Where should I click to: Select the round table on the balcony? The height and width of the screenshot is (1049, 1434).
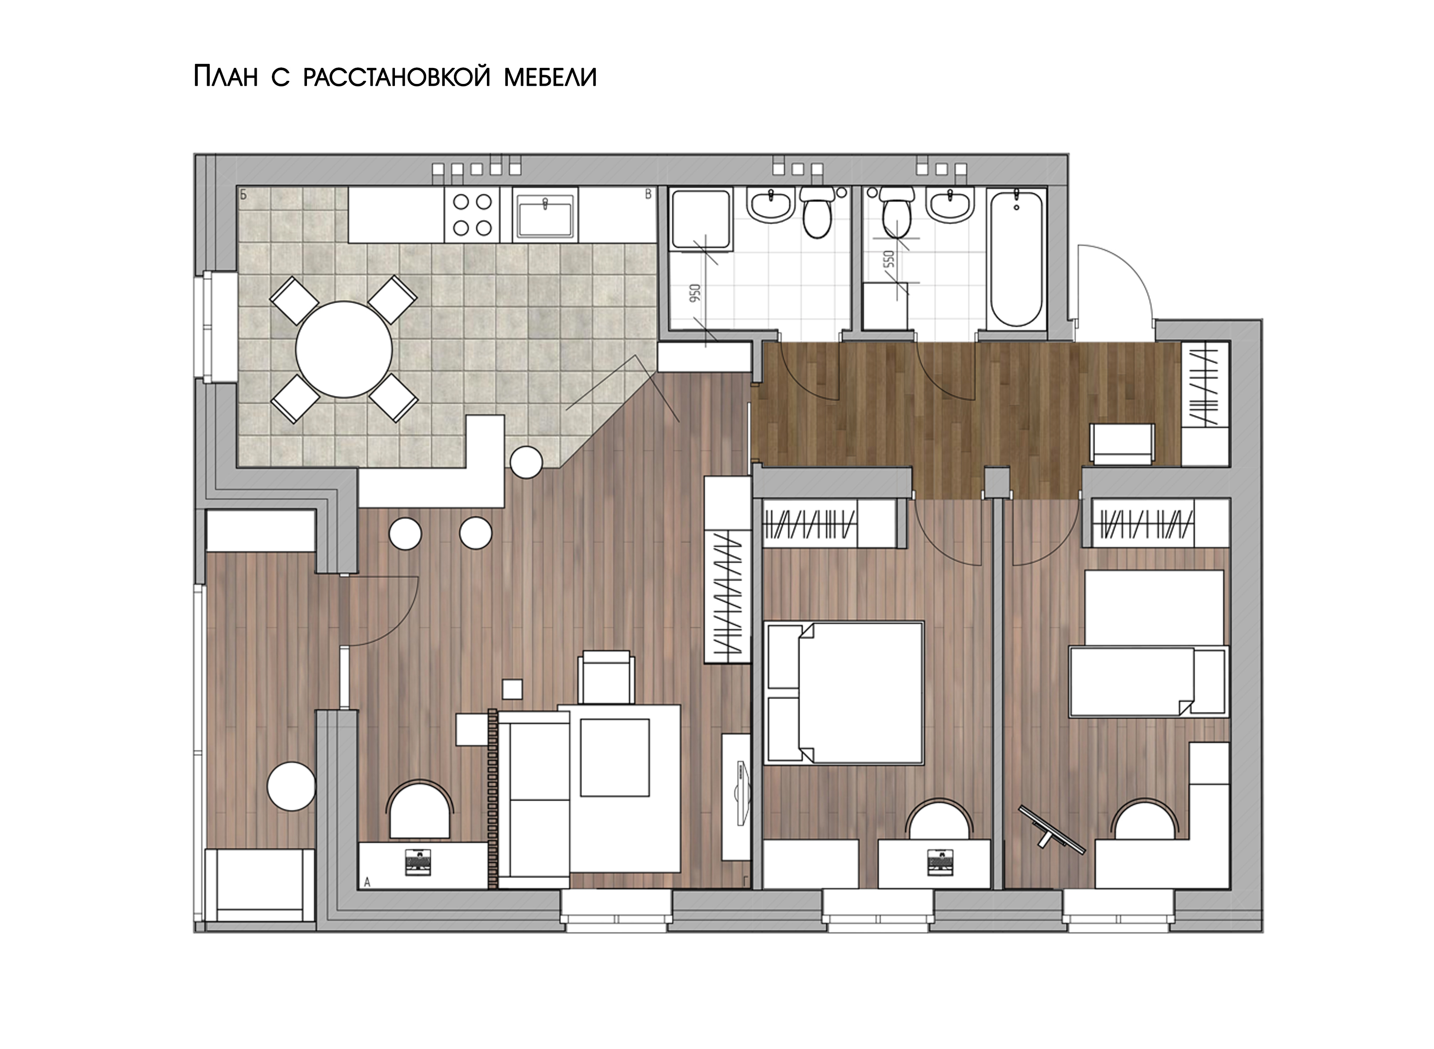pos(291,786)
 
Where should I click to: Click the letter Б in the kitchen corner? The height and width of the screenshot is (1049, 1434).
pos(243,195)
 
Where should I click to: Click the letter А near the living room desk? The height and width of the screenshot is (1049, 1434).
pos(367,882)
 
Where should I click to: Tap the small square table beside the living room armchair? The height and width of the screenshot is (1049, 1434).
pos(512,689)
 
